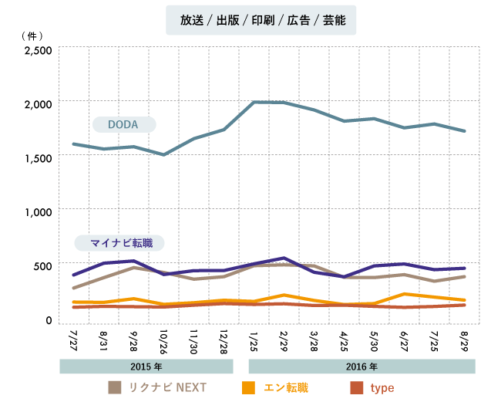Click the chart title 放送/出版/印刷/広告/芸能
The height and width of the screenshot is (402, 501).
[x=261, y=21]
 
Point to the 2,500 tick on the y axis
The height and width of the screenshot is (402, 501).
[x=38, y=51]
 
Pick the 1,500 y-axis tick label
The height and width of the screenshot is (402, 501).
[x=38, y=158]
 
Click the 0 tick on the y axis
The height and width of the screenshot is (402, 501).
[x=48, y=319]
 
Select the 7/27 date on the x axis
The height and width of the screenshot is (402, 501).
[x=74, y=340]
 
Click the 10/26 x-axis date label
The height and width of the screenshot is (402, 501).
[x=163, y=341]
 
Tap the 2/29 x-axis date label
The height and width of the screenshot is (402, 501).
[x=284, y=340]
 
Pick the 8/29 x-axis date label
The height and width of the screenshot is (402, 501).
[x=463, y=340]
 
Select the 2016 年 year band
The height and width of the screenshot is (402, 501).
[x=361, y=367]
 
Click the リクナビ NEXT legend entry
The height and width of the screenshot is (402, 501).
[x=158, y=387]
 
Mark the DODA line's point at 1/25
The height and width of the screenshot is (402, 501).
[x=254, y=102]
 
